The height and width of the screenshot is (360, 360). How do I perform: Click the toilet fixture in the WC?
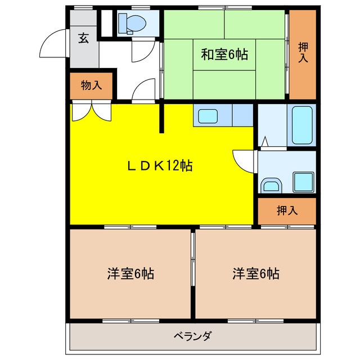(130, 24)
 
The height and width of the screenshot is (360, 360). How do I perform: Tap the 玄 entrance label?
(83, 38)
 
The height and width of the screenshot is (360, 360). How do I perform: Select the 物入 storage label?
(91, 85)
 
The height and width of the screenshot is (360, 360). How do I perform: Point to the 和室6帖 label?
(225, 55)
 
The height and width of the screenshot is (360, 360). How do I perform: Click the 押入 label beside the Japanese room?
(303, 53)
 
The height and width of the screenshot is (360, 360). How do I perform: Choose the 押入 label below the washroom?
(287, 211)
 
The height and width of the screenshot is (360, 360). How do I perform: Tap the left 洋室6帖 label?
(130, 274)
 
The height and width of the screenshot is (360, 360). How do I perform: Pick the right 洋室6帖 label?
(256, 274)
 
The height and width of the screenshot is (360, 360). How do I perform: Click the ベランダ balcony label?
(192, 336)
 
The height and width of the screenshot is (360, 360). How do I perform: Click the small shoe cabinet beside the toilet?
(106, 22)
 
